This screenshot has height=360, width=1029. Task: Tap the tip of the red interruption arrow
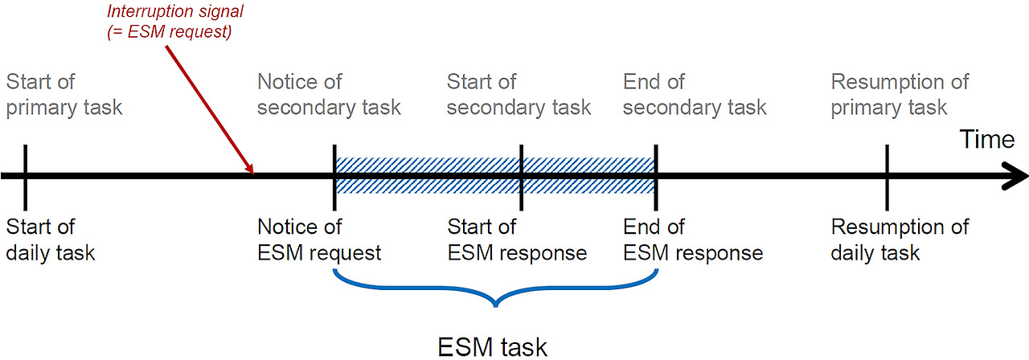point(253,172)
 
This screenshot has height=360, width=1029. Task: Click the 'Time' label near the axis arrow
point(986,140)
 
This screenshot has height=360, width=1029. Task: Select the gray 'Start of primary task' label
point(64,94)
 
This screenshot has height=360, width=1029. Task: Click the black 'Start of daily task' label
point(51,239)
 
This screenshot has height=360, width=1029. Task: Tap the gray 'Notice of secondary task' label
point(329,94)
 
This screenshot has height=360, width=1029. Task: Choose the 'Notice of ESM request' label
point(319,239)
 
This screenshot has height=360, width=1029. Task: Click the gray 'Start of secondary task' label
point(519,94)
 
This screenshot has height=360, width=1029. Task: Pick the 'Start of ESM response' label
point(517,239)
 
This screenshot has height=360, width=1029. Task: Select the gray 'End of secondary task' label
point(695,94)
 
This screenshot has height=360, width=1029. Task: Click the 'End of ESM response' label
point(692,239)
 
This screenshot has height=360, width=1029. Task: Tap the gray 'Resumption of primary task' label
point(900,94)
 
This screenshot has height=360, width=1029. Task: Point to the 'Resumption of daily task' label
point(900,239)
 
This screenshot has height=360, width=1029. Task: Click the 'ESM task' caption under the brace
point(492,346)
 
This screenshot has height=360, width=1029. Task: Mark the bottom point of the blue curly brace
point(496,306)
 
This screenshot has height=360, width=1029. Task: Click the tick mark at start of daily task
point(26,175)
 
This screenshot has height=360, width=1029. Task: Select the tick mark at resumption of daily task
point(886,175)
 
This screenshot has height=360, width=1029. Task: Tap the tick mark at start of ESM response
point(522,175)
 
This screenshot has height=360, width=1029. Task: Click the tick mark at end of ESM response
point(657,175)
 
